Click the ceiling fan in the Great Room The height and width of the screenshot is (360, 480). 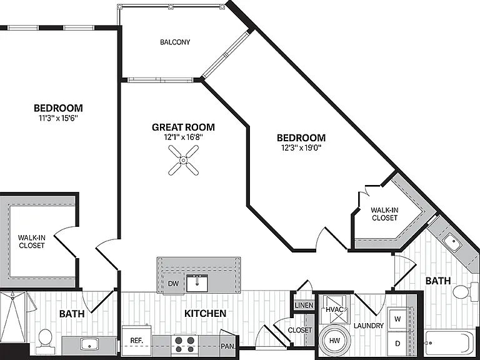coord(183,160)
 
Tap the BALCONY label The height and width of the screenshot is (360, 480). coord(175,42)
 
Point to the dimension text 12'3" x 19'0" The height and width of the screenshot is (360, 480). coord(301,148)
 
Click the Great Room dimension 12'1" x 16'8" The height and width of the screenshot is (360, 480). coord(183,137)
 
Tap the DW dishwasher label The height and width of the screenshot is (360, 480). coord(173,284)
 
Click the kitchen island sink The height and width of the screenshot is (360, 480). coord(197,283)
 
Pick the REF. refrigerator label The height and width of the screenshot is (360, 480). coord(136,341)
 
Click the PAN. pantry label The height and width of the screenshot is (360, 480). coord(228,346)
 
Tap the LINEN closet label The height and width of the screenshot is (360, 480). coord(304,305)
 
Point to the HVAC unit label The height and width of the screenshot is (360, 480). coord(334,309)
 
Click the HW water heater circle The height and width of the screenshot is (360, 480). coord(334,341)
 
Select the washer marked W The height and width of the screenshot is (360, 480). coord(397,319)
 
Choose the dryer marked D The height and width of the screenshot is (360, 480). coord(397,344)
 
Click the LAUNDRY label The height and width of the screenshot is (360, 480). coord(369,326)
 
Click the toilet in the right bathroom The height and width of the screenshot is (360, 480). coord(465,291)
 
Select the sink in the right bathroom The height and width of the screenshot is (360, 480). coord(452,242)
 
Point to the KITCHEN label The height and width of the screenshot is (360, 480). coord(206,313)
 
